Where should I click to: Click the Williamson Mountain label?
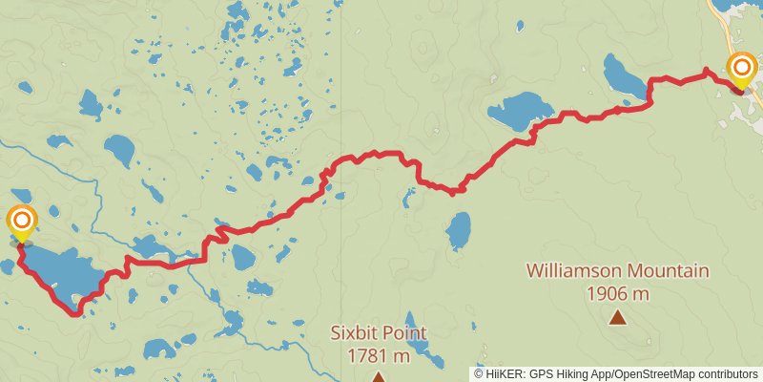(617, 272)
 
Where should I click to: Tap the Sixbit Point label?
(379, 333)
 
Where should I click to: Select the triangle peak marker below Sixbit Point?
(379, 377)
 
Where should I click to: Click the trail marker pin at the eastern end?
(742, 68)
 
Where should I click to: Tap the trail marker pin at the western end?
(21, 222)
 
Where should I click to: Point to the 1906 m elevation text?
(618, 293)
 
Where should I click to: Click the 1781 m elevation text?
(379, 356)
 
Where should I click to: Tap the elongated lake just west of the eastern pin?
(625, 76)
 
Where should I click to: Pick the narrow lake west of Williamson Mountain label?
(459, 230)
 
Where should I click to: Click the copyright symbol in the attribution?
(480, 373)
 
